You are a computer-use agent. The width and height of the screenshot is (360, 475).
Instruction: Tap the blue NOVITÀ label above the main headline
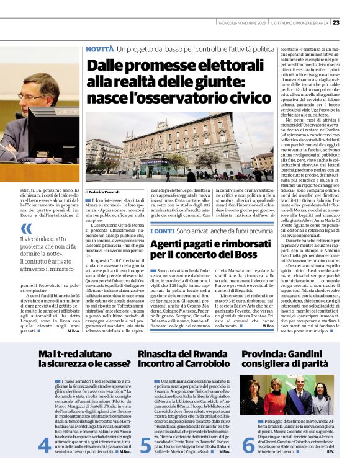pos(99,48)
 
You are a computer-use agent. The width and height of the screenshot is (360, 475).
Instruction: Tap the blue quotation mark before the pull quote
pos(27,228)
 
